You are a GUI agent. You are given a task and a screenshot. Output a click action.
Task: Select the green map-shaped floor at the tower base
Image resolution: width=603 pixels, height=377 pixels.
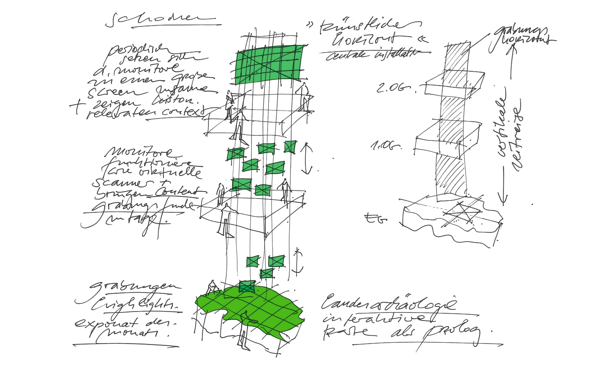tap(251, 311)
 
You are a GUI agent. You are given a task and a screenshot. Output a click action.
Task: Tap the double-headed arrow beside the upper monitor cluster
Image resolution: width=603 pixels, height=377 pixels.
tap(306, 159)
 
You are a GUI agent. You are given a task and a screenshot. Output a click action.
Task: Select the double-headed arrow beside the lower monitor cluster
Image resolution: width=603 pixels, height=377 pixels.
tap(298, 261)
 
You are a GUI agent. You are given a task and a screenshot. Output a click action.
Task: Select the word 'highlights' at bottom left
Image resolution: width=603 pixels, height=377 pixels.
tap(135, 303)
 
